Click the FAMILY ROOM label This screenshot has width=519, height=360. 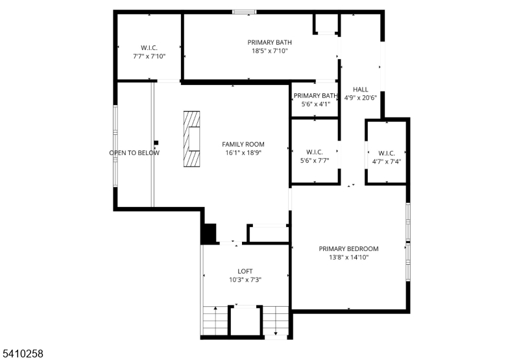[x=243, y=144]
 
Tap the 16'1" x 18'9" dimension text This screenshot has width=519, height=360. [x=243, y=153]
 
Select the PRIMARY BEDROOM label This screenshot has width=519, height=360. [x=348, y=249]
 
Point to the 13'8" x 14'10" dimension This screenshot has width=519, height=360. [x=348, y=258]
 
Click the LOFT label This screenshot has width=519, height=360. [x=245, y=271]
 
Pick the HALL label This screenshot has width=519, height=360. [x=361, y=90]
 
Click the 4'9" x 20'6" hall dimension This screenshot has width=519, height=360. [x=361, y=98]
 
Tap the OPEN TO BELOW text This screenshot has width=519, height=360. [x=134, y=153]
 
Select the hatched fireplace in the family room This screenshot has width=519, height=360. [x=191, y=139]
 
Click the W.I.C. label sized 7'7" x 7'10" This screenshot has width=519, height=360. [x=149, y=48]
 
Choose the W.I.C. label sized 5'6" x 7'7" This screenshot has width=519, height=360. [x=315, y=152]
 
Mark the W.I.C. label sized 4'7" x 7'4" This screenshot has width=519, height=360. [x=387, y=153]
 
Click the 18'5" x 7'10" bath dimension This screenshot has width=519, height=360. [x=269, y=51]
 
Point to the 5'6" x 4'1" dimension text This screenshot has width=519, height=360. [x=315, y=104]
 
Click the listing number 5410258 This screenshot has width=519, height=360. [x=22, y=354]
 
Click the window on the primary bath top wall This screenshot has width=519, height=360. [x=245, y=12]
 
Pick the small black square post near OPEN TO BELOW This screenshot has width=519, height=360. [x=156, y=143]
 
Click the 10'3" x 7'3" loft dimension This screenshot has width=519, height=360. [x=245, y=280]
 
